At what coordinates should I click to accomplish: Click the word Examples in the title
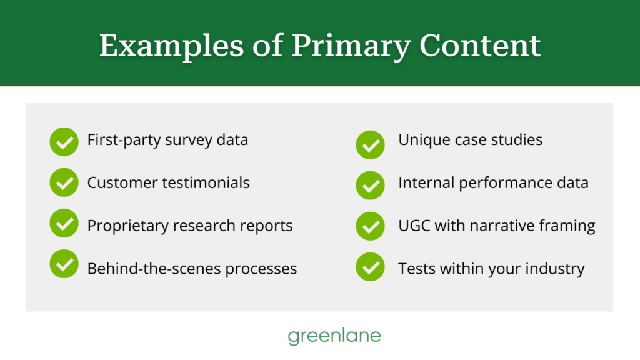171,46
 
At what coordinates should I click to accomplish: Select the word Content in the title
480,45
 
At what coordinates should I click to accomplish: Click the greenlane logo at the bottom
334,336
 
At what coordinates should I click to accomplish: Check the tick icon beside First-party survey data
64,142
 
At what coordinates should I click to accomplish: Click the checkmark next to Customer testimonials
64,182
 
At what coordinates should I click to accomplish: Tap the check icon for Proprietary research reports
64,223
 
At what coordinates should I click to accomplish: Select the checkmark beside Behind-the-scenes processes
64,264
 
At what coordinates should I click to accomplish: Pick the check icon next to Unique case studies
370,144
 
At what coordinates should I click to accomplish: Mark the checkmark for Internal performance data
370,185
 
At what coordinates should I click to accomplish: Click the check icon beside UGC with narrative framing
370,226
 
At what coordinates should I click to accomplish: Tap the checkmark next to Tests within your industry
370,267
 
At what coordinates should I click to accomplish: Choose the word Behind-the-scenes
154,269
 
